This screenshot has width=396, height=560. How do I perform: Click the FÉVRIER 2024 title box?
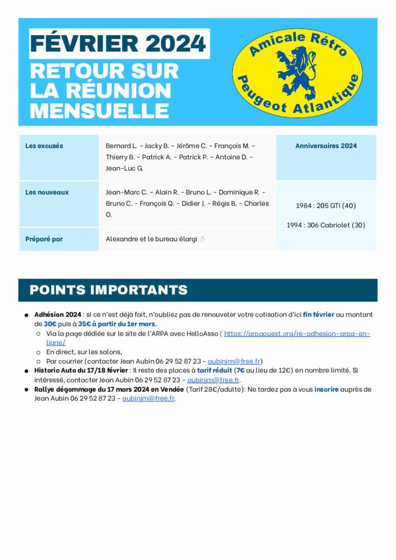(x=119, y=43)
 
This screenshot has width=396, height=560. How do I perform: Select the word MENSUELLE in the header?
(x=99, y=110)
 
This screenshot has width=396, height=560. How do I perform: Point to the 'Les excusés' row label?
(x=44, y=146)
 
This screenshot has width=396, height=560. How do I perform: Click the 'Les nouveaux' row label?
(x=47, y=192)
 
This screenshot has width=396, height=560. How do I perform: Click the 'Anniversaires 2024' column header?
(x=326, y=146)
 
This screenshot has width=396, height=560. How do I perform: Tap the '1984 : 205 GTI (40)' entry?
(x=326, y=206)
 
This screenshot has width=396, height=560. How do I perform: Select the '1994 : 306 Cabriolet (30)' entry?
(x=326, y=225)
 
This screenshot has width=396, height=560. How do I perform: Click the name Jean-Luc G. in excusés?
(x=124, y=168)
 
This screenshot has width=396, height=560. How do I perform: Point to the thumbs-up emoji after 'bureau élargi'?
(x=202, y=239)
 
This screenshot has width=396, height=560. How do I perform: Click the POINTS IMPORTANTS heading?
(x=108, y=290)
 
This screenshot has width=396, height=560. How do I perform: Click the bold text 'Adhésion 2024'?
(x=57, y=315)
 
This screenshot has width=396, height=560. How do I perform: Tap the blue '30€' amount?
(x=50, y=324)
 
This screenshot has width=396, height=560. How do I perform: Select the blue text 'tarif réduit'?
(x=214, y=370)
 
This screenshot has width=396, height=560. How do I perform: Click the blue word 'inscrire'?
(x=327, y=389)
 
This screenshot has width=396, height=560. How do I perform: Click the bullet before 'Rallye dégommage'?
(x=26, y=390)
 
